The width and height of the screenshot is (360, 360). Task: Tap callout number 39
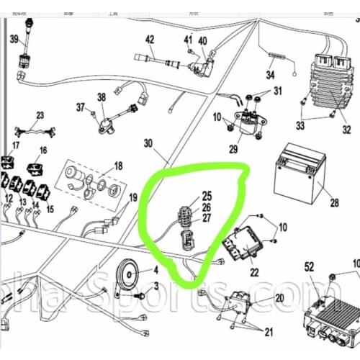point(14,40)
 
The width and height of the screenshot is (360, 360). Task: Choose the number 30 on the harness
point(149,143)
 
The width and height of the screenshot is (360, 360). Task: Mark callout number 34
point(271,74)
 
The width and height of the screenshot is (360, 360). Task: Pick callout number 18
point(118,166)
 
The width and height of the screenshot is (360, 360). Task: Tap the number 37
point(81,108)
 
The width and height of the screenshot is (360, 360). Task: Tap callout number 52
point(309,266)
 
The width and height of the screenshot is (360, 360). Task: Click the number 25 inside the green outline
point(207,196)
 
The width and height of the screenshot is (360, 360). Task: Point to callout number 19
point(132,197)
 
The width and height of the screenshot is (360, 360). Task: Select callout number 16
point(43,150)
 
